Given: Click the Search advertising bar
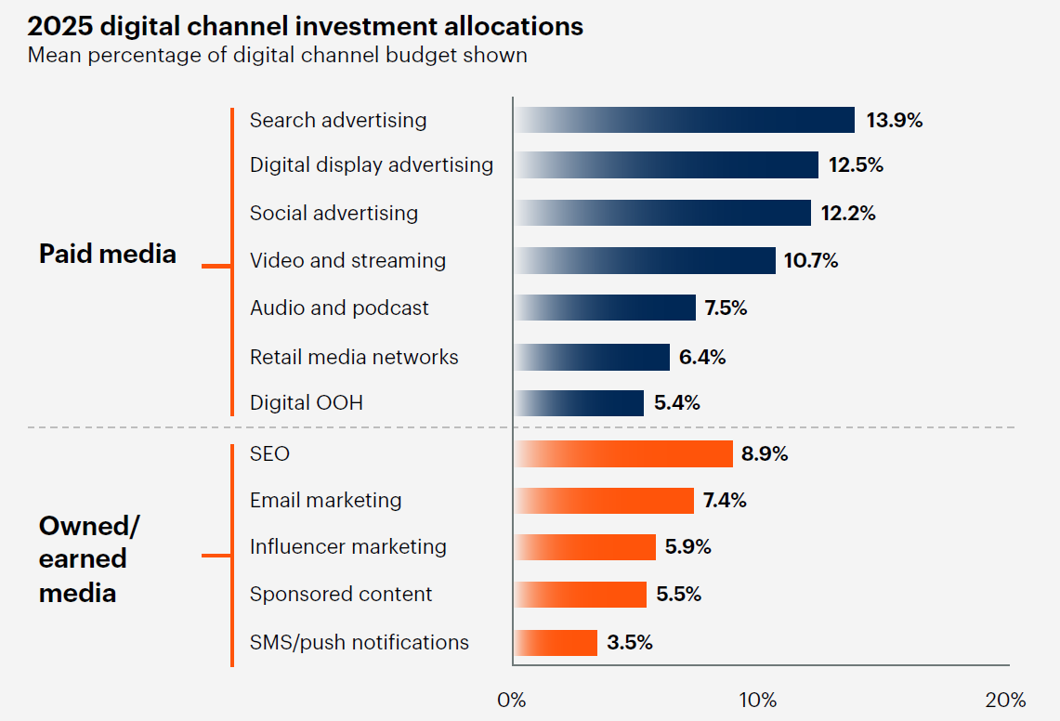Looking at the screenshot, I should pyautogui.click(x=685, y=120).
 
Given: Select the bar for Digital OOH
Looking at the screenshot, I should pyautogui.click(x=579, y=403).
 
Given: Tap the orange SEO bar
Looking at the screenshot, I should pyautogui.click(x=623, y=454).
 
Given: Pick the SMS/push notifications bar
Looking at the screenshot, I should pyautogui.click(x=556, y=643).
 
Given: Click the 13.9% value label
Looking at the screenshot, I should pyautogui.click(x=895, y=120).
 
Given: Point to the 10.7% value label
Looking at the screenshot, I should pyautogui.click(x=811, y=261).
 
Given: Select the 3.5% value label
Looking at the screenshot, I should pyautogui.click(x=630, y=643).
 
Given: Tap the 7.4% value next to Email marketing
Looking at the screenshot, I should pyautogui.click(x=725, y=501).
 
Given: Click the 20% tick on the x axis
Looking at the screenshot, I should pyautogui.click(x=1005, y=700).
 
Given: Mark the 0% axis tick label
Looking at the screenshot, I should pyautogui.click(x=512, y=700).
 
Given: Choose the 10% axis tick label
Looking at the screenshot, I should pyautogui.click(x=758, y=700).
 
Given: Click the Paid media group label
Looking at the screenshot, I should pyautogui.click(x=108, y=254).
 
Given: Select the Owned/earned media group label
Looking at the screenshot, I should pyautogui.click(x=88, y=559).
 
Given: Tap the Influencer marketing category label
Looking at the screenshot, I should pyautogui.click(x=347, y=547).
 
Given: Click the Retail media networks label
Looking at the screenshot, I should pyautogui.click(x=354, y=357).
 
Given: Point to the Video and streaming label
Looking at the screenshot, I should pyautogui.click(x=347, y=261).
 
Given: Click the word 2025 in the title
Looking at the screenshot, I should pyautogui.click(x=59, y=26).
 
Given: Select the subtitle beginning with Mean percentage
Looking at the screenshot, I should pyautogui.click(x=277, y=55).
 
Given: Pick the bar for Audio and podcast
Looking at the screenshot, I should pyautogui.click(x=605, y=308).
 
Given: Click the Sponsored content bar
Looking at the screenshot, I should pyautogui.click(x=580, y=595).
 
